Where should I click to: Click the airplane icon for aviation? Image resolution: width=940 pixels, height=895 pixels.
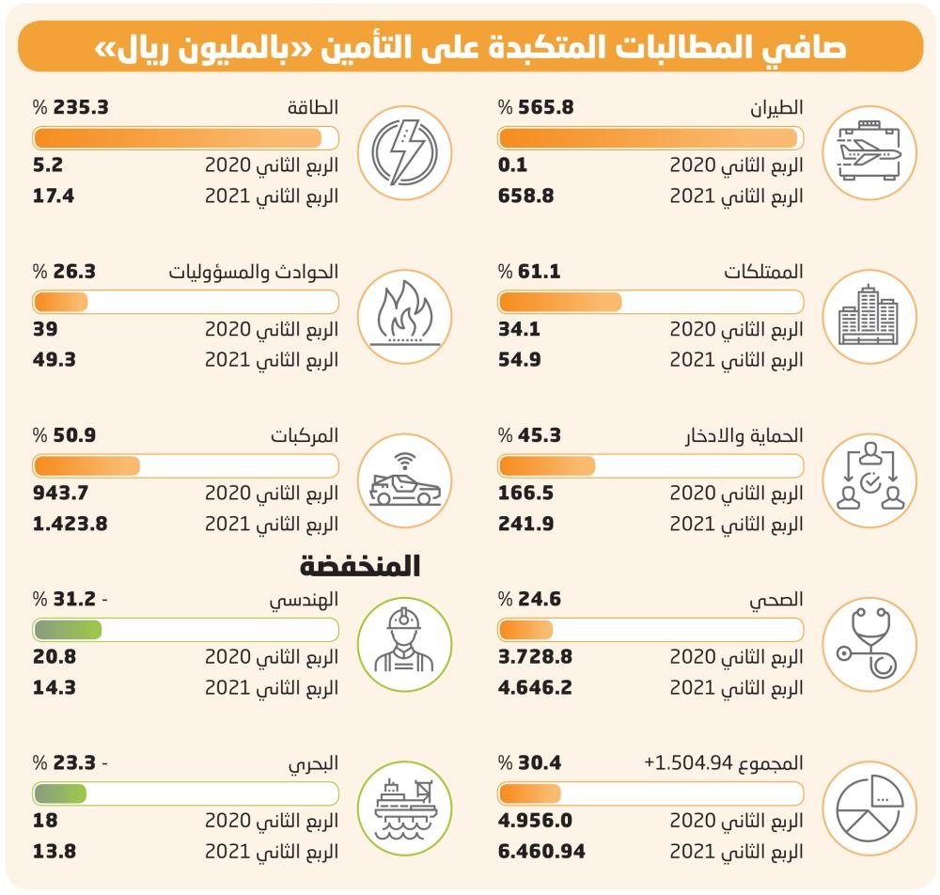pos(869,152)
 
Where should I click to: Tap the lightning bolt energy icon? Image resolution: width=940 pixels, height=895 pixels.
pos(404,152)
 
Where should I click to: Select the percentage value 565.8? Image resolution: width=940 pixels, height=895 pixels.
pos(545,107)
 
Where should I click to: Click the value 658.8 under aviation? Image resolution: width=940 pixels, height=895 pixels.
pos(525,196)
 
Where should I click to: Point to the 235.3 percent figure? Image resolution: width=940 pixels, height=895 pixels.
pos(81,107)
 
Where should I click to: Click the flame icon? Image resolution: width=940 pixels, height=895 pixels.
pos(404,313)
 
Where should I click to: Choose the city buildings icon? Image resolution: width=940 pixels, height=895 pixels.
pos(869,316)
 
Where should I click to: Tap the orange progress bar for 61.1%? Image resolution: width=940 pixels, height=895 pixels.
pos(560,302)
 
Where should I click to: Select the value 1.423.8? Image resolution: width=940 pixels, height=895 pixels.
pos(70,524)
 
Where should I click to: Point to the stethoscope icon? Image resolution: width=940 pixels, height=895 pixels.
pos(869,643)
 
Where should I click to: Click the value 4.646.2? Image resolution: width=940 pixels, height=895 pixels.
pos(535,687)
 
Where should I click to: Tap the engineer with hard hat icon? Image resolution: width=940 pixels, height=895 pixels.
pos(404,640)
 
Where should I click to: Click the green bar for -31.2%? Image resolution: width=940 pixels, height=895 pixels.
pos(68,630)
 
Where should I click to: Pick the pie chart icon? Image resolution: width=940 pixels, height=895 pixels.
pos(869,809)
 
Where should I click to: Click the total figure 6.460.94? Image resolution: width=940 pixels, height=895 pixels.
pos(541,851)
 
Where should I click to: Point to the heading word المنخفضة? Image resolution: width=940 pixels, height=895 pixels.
pos(360,566)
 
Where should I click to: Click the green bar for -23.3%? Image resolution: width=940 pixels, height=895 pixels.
pos(60,793)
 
